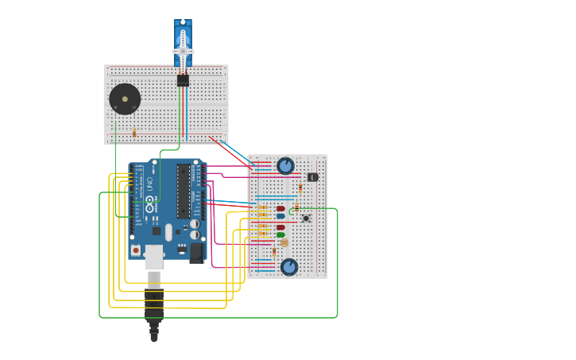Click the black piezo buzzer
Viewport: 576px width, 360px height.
125,99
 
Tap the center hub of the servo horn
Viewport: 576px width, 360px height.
183,51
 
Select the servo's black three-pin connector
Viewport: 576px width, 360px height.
183,80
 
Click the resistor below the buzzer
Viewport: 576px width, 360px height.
134,133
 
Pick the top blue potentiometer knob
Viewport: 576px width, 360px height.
285,166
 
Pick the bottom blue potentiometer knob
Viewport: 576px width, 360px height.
289,267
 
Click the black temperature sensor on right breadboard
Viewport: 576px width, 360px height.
312,176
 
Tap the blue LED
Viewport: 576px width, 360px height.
280,216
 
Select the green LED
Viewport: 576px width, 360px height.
280,235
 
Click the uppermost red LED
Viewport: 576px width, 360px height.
280,209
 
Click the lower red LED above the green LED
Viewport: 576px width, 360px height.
280,228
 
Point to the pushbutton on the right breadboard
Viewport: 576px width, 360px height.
306,219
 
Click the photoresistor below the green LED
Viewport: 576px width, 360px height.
284,243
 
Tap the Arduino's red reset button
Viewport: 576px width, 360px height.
136,250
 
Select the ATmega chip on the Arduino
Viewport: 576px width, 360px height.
183,191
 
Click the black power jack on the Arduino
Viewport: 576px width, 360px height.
196,253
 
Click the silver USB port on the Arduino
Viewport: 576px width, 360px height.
153,257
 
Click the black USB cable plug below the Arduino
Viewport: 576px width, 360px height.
154,306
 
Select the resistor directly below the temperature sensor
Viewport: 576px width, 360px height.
300,188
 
